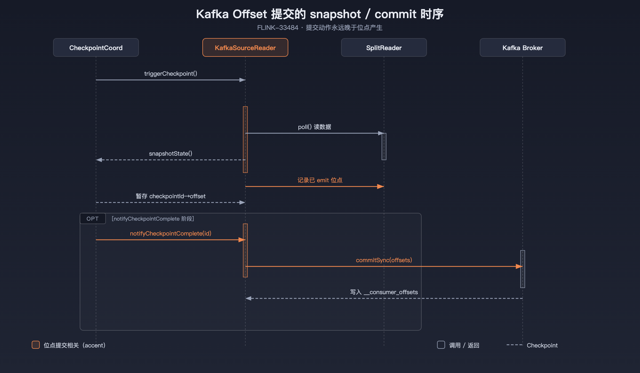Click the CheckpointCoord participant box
tap(96, 47)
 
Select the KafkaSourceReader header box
tap(245, 47)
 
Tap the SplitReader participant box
tap(384, 47)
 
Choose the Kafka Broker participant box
tap(523, 47)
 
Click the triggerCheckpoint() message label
tap(171, 74)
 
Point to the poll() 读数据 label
tap(315, 127)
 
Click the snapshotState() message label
tap(171, 153)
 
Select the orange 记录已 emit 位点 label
tap(320, 180)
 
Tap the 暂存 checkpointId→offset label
tap(171, 196)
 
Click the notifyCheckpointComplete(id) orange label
tap(171, 233)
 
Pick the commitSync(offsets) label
tap(384, 260)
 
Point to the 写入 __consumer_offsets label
tap(384, 292)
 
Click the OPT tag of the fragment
tap(93, 218)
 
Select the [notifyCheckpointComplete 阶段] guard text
tap(153, 219)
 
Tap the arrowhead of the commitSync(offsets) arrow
tap(519, 266)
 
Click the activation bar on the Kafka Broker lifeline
tap(523, 269)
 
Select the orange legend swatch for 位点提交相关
tap(36, 345)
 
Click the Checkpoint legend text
tap(542, 345)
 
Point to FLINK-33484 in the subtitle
tap(278, 28)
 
